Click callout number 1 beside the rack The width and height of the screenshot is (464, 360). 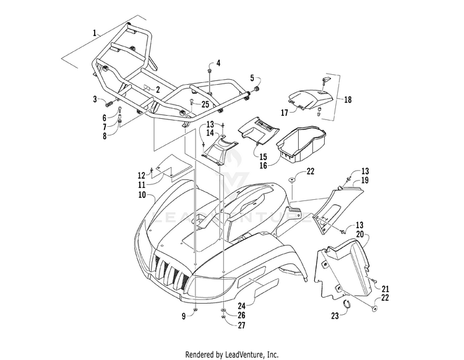95,32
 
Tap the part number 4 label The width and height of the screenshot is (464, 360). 218,64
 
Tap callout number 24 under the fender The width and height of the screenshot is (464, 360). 240,305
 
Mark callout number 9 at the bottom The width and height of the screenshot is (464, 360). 184,317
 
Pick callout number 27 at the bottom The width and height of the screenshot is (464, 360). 242,325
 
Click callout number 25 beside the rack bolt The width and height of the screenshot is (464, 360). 205,103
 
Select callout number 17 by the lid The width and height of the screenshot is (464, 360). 285,112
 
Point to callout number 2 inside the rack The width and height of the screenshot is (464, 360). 158,90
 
